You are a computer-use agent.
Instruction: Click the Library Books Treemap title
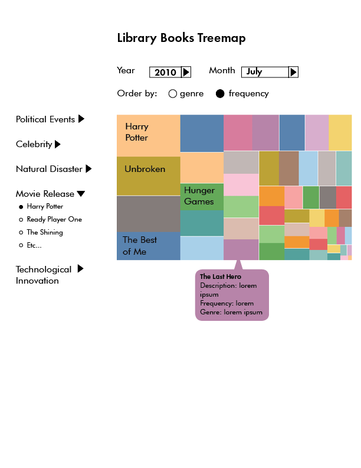pos(181,38)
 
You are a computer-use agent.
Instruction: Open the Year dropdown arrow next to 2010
pos(186,72)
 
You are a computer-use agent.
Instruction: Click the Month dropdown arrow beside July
pos(293,72)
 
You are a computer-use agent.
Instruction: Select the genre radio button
pos(173,93)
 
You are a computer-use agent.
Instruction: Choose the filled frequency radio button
pos(220,93)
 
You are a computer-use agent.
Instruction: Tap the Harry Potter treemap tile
pos(148,135)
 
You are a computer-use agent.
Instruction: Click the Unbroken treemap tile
pos(148,175)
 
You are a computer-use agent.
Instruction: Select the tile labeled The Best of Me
pos(148,246)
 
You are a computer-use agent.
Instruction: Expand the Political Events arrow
pos(81,119)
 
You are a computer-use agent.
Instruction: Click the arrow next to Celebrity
pos(58,144)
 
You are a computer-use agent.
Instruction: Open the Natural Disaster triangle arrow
pos(88,169)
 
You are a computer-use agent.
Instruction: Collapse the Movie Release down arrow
pos(81,194)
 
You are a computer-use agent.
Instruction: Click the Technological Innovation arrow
pos(80,269)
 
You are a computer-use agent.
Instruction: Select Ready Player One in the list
pos(54,219)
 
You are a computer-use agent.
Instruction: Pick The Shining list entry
pos(45,232)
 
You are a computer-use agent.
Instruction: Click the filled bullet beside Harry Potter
pos(21,207)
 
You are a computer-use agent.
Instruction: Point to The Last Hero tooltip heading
pos(221,277)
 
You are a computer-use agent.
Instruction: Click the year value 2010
pos(165,72)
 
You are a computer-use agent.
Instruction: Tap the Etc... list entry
pos(34,245)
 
